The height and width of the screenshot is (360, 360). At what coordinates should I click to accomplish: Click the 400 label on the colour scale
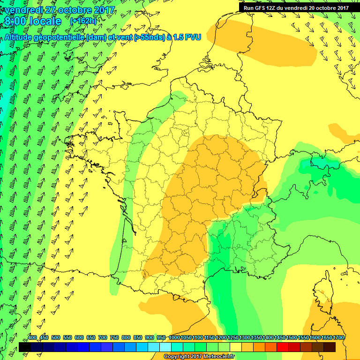[32, 337]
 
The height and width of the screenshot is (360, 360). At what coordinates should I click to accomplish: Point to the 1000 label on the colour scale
[174, 337]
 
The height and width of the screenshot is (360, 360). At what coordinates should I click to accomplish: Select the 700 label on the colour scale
[103, 337]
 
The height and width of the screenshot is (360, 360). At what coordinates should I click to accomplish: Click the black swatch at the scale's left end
[25, 347]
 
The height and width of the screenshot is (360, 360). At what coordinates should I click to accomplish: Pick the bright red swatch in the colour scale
[283, 347]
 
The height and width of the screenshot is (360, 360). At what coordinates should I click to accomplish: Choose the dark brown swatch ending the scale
[330, 347]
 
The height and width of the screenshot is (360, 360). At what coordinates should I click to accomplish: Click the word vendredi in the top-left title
[22, 10]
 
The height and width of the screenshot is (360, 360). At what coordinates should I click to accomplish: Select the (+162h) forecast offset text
[83, 21]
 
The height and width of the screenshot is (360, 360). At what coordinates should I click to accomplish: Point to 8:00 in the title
[16, 21]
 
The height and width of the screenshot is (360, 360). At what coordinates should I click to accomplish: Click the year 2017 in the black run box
[341, 7]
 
